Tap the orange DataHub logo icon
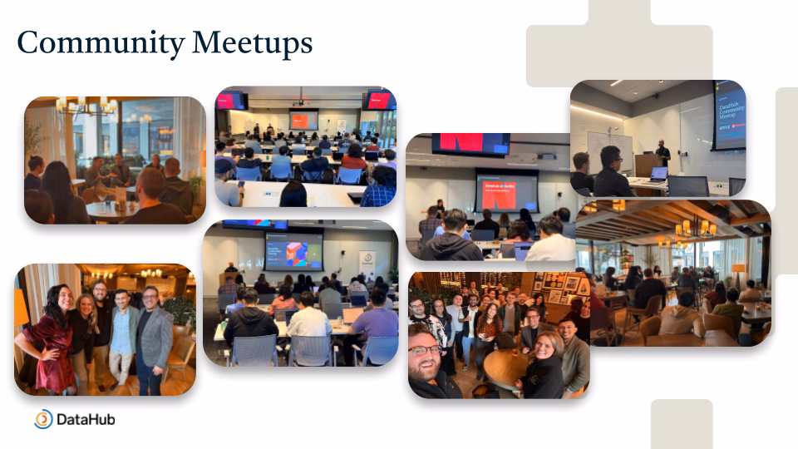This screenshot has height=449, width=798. (x=43, y=419)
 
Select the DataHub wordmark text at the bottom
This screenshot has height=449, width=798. (x=86, y=420)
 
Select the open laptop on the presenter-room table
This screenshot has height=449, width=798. (x=658, y=174)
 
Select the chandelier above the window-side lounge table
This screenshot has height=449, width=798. (x=86, y=106)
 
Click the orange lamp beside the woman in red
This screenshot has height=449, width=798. (x=21, y=309)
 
